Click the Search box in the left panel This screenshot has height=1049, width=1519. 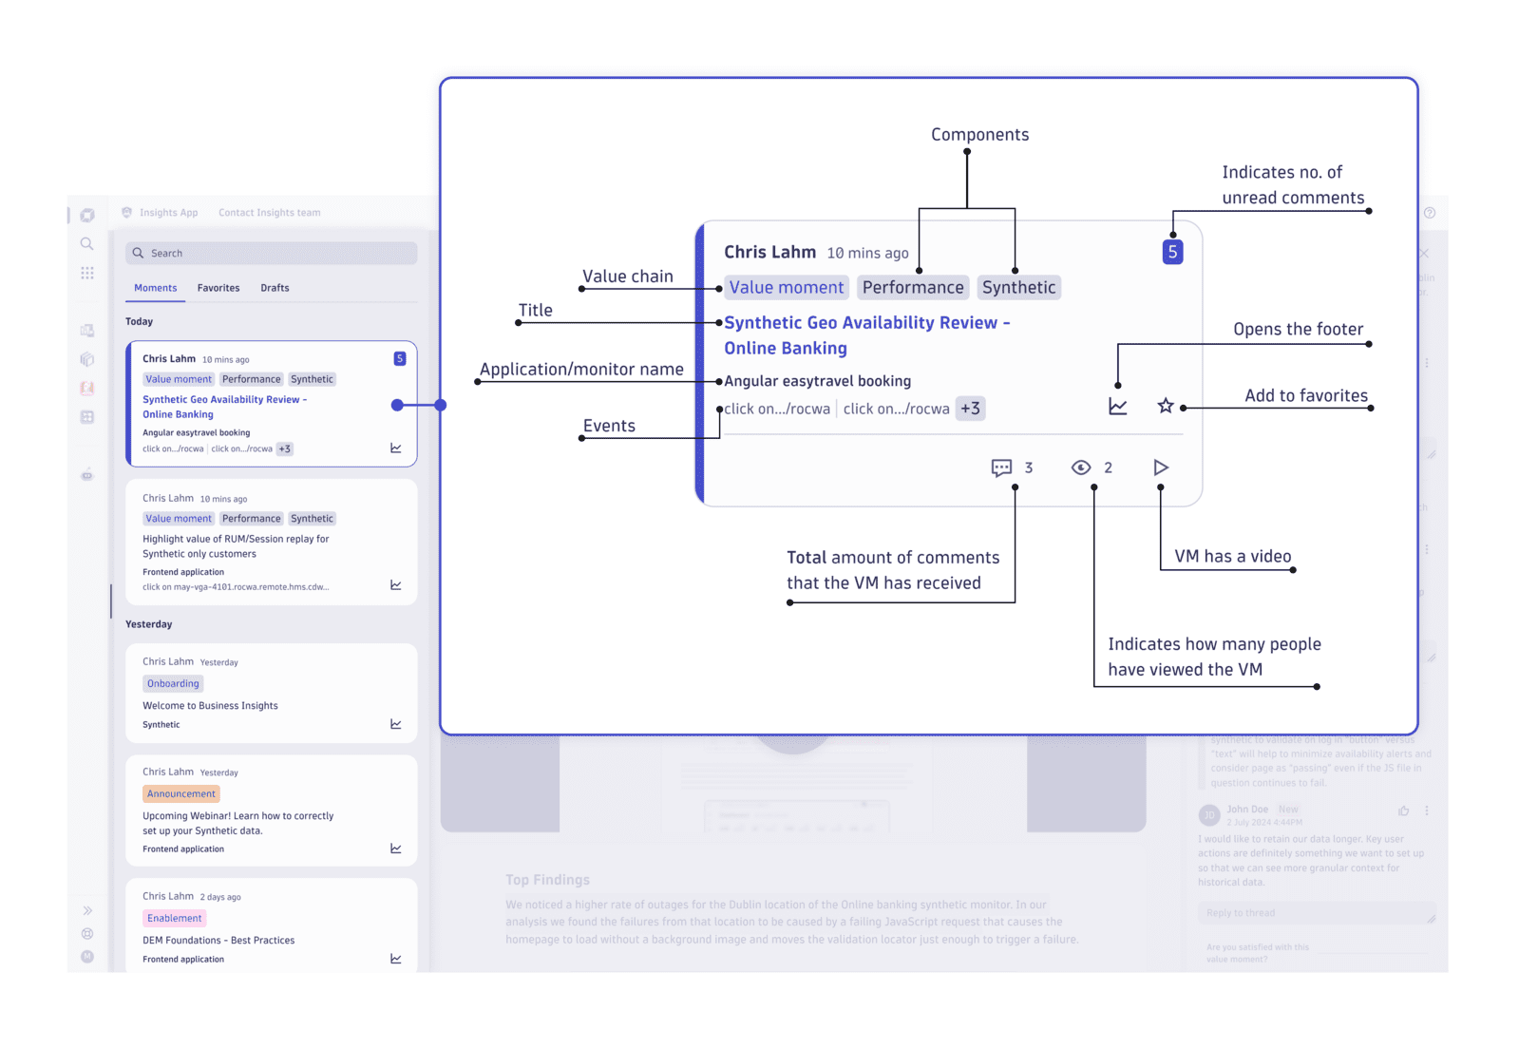pos(271,253)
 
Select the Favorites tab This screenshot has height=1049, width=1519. pos(218,288)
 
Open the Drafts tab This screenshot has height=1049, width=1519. pos(275,288)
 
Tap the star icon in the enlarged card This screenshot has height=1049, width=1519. pos(1166,407)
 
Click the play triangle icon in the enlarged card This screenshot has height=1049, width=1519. pos(1161,467)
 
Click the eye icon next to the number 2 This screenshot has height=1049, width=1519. pos(1081,467)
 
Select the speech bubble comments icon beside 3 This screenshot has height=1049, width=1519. pos(1001,467)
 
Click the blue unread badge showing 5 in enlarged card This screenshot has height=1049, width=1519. pos(1172,252)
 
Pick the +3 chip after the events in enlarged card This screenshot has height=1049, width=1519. pos(970,409)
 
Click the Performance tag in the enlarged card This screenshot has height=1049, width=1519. pos(913,288)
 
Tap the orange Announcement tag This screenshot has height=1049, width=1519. pos(181,793)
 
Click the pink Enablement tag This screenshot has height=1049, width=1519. pos(175,918)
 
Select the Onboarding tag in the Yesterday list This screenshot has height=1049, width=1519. pos(174,683)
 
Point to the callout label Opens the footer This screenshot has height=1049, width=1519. pos(1298,329)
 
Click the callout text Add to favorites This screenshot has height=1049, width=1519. pos(1306,395)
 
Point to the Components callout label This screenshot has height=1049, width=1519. pos(979,135)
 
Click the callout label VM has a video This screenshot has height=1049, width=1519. pos(1232,556)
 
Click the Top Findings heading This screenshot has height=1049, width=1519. pos(547,880)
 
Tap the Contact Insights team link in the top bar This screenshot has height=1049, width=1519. pos(270,213)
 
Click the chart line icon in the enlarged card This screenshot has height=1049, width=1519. pos(1118,407)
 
